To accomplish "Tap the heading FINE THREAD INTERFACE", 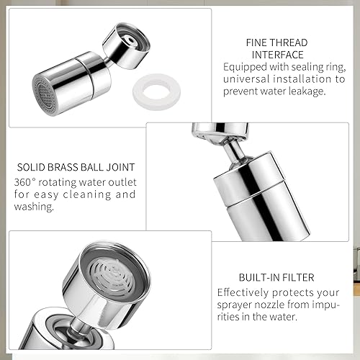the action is (x=277, y=49).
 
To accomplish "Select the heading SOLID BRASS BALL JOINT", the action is (x=76, y=167).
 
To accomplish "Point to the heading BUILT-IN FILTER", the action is (x=276, y=277).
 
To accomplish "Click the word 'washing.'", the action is (x=34, y=207).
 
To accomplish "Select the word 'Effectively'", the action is (x=243, y=292).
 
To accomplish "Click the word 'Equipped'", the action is (x=245, y=67).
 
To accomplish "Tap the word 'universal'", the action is (x=246, y=79).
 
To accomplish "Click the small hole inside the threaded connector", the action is (x=131, y=39).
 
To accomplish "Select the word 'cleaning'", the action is (x=87, y=194).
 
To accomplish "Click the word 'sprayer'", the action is (x=234, y=305).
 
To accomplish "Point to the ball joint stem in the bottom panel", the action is (x=77, y=325).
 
